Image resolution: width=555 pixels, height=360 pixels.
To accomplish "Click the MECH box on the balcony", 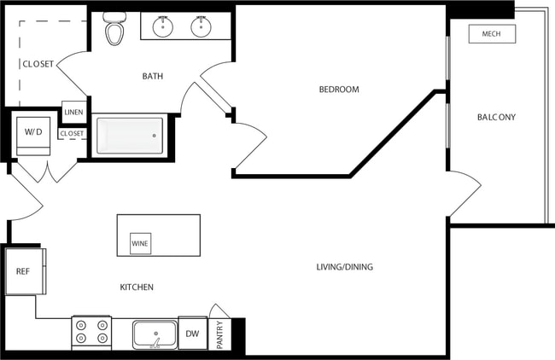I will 491,34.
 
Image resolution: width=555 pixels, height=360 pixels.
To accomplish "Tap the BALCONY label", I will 496,118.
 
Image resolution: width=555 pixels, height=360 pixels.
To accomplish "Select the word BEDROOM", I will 339,90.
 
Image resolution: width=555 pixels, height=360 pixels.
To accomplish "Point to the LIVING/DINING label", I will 344,267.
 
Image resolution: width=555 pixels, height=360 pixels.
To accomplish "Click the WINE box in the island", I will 140,243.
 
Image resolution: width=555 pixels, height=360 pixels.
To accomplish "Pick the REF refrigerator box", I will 23,271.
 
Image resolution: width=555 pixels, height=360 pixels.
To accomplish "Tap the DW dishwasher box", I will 192,334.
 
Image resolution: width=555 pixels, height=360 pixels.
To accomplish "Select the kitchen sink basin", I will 155,333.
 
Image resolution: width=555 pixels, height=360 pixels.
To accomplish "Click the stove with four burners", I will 91,333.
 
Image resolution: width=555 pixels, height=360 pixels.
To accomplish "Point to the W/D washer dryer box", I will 33,132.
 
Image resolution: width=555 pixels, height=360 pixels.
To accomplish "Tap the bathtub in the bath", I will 130,135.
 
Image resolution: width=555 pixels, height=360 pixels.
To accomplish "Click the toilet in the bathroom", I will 114,31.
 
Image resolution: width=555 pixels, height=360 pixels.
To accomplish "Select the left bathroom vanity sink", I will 164,26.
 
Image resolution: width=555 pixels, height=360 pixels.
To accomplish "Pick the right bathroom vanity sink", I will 201,26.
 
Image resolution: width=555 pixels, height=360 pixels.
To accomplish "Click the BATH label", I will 153,77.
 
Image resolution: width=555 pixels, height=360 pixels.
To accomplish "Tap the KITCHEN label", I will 137,287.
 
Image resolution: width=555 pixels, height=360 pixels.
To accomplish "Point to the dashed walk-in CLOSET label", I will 38,64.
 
